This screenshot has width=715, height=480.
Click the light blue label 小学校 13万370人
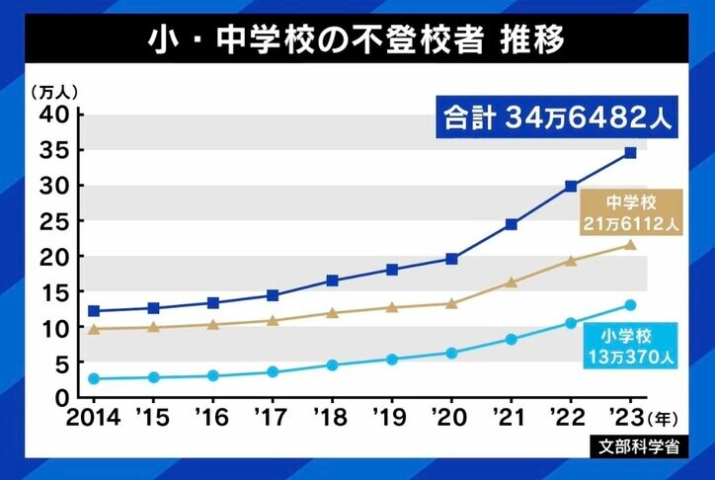pos(626,344)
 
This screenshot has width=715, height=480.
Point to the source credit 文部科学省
pos(640,444)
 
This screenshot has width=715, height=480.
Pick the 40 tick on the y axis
pos(54,115)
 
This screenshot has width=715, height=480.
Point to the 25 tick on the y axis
pos(54,221)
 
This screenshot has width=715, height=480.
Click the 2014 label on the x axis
pos(93,416)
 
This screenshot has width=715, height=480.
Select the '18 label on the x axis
pos(332,416)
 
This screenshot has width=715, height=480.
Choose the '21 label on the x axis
pos(511,416)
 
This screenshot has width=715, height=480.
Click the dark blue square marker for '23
pos(630,153)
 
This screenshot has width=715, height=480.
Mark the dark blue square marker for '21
pos(511,224)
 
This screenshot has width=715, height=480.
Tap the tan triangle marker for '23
pos(630,244)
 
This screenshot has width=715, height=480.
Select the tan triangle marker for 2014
pos(94,329)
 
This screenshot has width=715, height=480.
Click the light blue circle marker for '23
pos(630,305)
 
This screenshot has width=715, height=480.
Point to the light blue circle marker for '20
pos(451,353)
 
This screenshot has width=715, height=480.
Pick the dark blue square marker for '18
pos(332,280)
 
